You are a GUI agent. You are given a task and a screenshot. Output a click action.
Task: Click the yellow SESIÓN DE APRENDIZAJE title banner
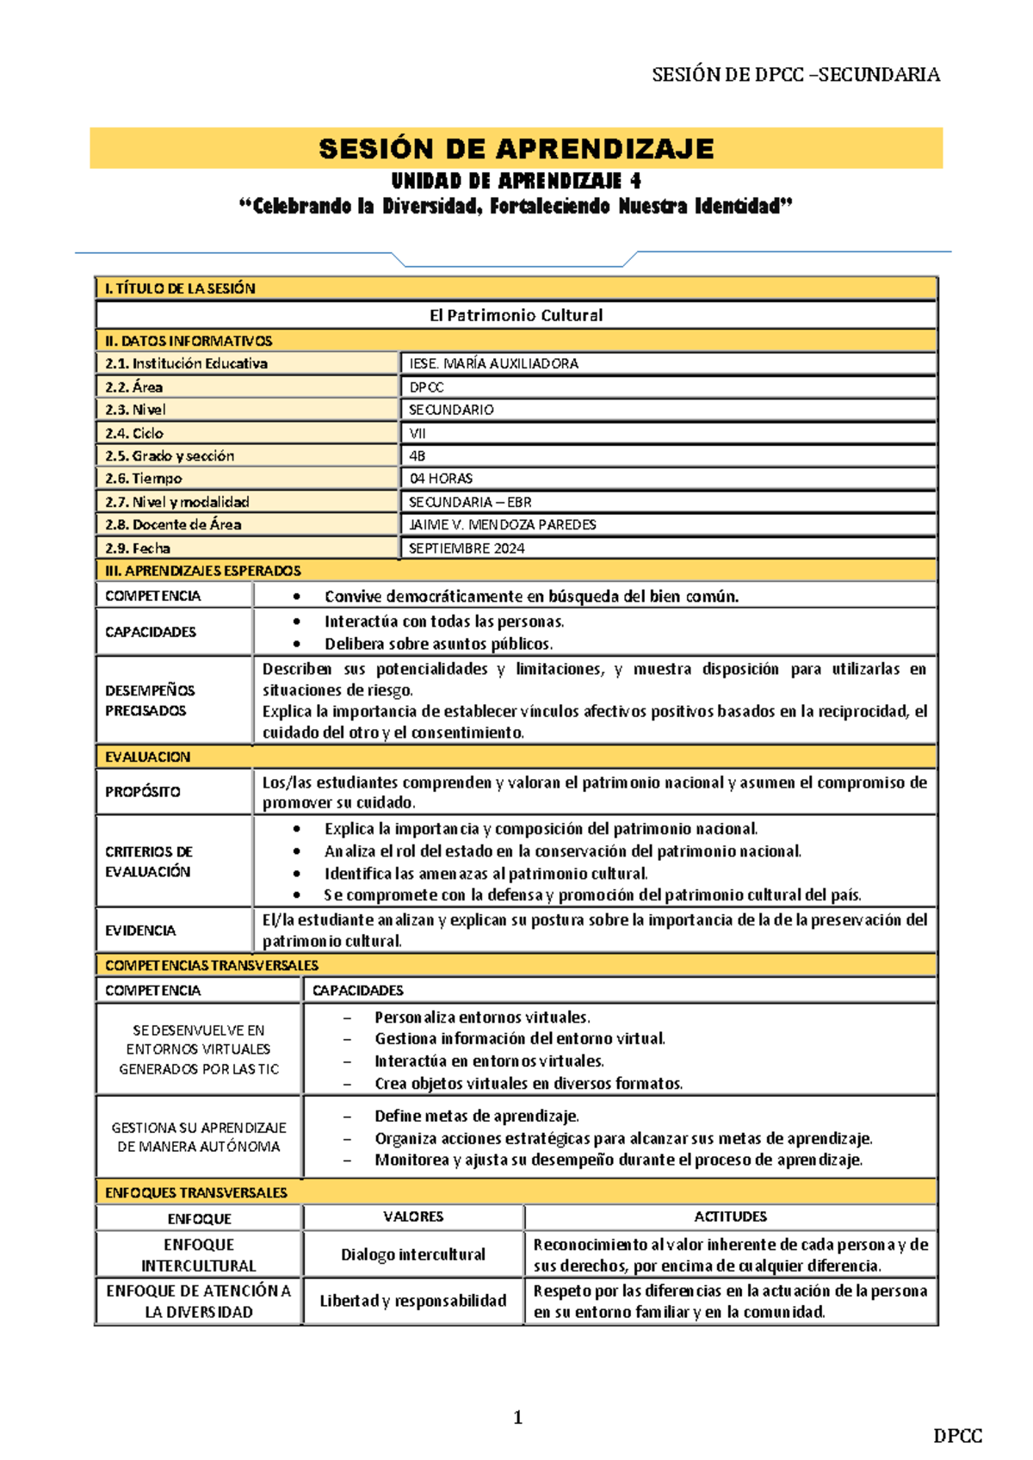point(516,148)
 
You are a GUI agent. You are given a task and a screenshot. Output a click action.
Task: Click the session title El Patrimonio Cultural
point(516,315)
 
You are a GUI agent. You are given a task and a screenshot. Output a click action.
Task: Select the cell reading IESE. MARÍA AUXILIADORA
point(493,363)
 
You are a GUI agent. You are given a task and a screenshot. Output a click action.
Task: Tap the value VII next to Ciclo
point(418,433)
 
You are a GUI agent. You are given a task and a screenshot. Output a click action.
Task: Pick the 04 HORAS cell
point(441,478)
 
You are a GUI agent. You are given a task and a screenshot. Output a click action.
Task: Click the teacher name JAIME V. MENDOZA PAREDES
point(503,524)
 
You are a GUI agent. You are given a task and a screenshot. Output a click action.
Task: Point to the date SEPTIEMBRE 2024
point(467,547)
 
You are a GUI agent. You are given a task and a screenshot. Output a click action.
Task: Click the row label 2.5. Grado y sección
point(170,455)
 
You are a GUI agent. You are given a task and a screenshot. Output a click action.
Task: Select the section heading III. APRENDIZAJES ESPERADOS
point(203,570)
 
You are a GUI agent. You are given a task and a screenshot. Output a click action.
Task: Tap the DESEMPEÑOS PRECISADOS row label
point(150,700)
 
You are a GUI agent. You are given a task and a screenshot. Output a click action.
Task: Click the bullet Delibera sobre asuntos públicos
point(438,643)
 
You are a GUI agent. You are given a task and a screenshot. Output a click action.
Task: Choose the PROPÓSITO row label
point(143,791)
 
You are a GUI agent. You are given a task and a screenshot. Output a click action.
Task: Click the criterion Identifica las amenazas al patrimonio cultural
point(486,873)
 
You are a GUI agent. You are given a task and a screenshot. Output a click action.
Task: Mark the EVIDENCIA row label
point(140,930)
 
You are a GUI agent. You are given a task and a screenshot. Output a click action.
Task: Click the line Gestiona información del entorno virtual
point(519,1038)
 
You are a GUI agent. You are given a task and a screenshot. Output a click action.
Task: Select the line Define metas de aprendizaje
point(476,1116)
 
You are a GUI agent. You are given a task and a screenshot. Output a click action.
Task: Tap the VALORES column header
point(413,1216)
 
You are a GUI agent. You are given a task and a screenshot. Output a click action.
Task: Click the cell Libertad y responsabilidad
point(413,1300)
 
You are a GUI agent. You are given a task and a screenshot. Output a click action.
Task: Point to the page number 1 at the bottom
point(517,1417)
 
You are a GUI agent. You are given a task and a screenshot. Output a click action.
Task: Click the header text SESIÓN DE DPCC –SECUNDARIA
point(795,75)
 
